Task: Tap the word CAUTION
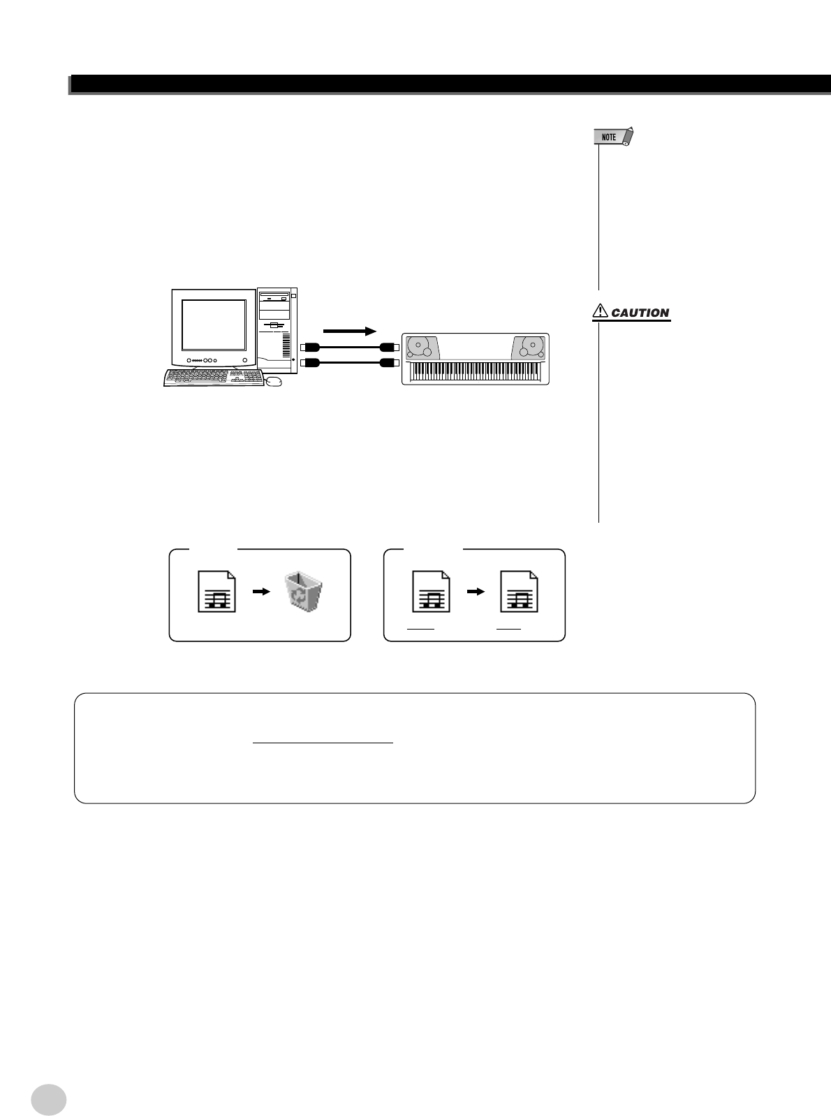pyautogui.click(x=640, y=313)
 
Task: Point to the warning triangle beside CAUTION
pyautogui.click(x=600, y=313)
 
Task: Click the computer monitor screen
pyautogui.click(x=214, y=325)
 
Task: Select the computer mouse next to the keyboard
pyautogui.click(x=274, y=381)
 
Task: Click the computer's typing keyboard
pyautogui.click(x=214, y=378)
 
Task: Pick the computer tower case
pyautogui.click(x=277, y=330)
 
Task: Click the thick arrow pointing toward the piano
pyautogui.click(x=350, y=330)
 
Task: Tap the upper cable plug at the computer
pyautogui.click(x=309, y=347)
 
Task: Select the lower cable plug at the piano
pyautogui.click(x=388, y=362)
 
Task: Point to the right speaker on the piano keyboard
pyautogui.click(x=527, y=347)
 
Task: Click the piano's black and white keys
pyautogui.click(x=475, y=371)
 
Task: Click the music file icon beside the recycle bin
pyautogui.click(x=216, y=592)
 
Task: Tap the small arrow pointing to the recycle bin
pyautogui.click(x=260, y=590)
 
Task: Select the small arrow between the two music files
pyautogui.click(x=475, y=590)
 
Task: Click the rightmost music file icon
pyautogui.click(x=520, y=592)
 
